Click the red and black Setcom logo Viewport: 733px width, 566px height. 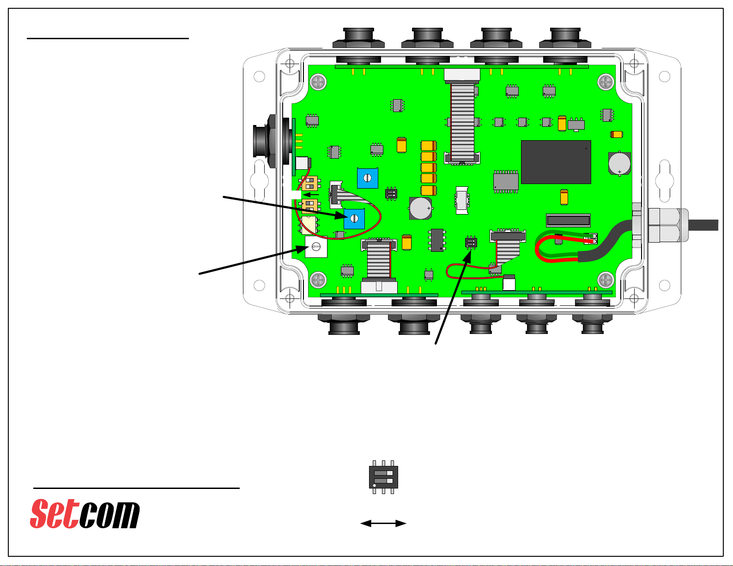[x=85, y=513]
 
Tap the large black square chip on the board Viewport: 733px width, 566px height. [x=556, y=162]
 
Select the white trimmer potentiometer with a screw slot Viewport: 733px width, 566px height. [x=316, y=247]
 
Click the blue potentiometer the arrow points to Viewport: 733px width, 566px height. [x=354, y=219]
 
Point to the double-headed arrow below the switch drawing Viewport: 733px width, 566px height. [x=383, y=523]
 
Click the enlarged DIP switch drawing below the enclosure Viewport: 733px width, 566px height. [x=383, y=477]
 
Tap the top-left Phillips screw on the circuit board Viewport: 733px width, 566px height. [x=318, y=82]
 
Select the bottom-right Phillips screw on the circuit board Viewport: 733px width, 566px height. [x=606, y=280]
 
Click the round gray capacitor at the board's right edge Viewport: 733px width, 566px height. [x=619, y=163]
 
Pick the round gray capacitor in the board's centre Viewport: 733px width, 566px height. [x=420, y=208]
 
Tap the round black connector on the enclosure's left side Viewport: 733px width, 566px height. [x=267, y=141]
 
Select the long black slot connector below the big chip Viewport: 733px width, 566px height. [x=569, y=220]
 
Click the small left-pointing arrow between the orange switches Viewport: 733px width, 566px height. [x=311, y=195]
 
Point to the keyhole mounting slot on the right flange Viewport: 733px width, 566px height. [x=665, y=181]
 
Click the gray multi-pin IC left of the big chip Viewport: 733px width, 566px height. [x=506, y=182]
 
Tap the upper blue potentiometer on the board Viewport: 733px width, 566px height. [x=368, y=178]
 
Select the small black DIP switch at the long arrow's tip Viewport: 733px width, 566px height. [x=471, y=242]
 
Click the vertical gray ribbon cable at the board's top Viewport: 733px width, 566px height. [x=462, y=122]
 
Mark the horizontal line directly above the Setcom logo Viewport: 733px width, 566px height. [x=136, y=488]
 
